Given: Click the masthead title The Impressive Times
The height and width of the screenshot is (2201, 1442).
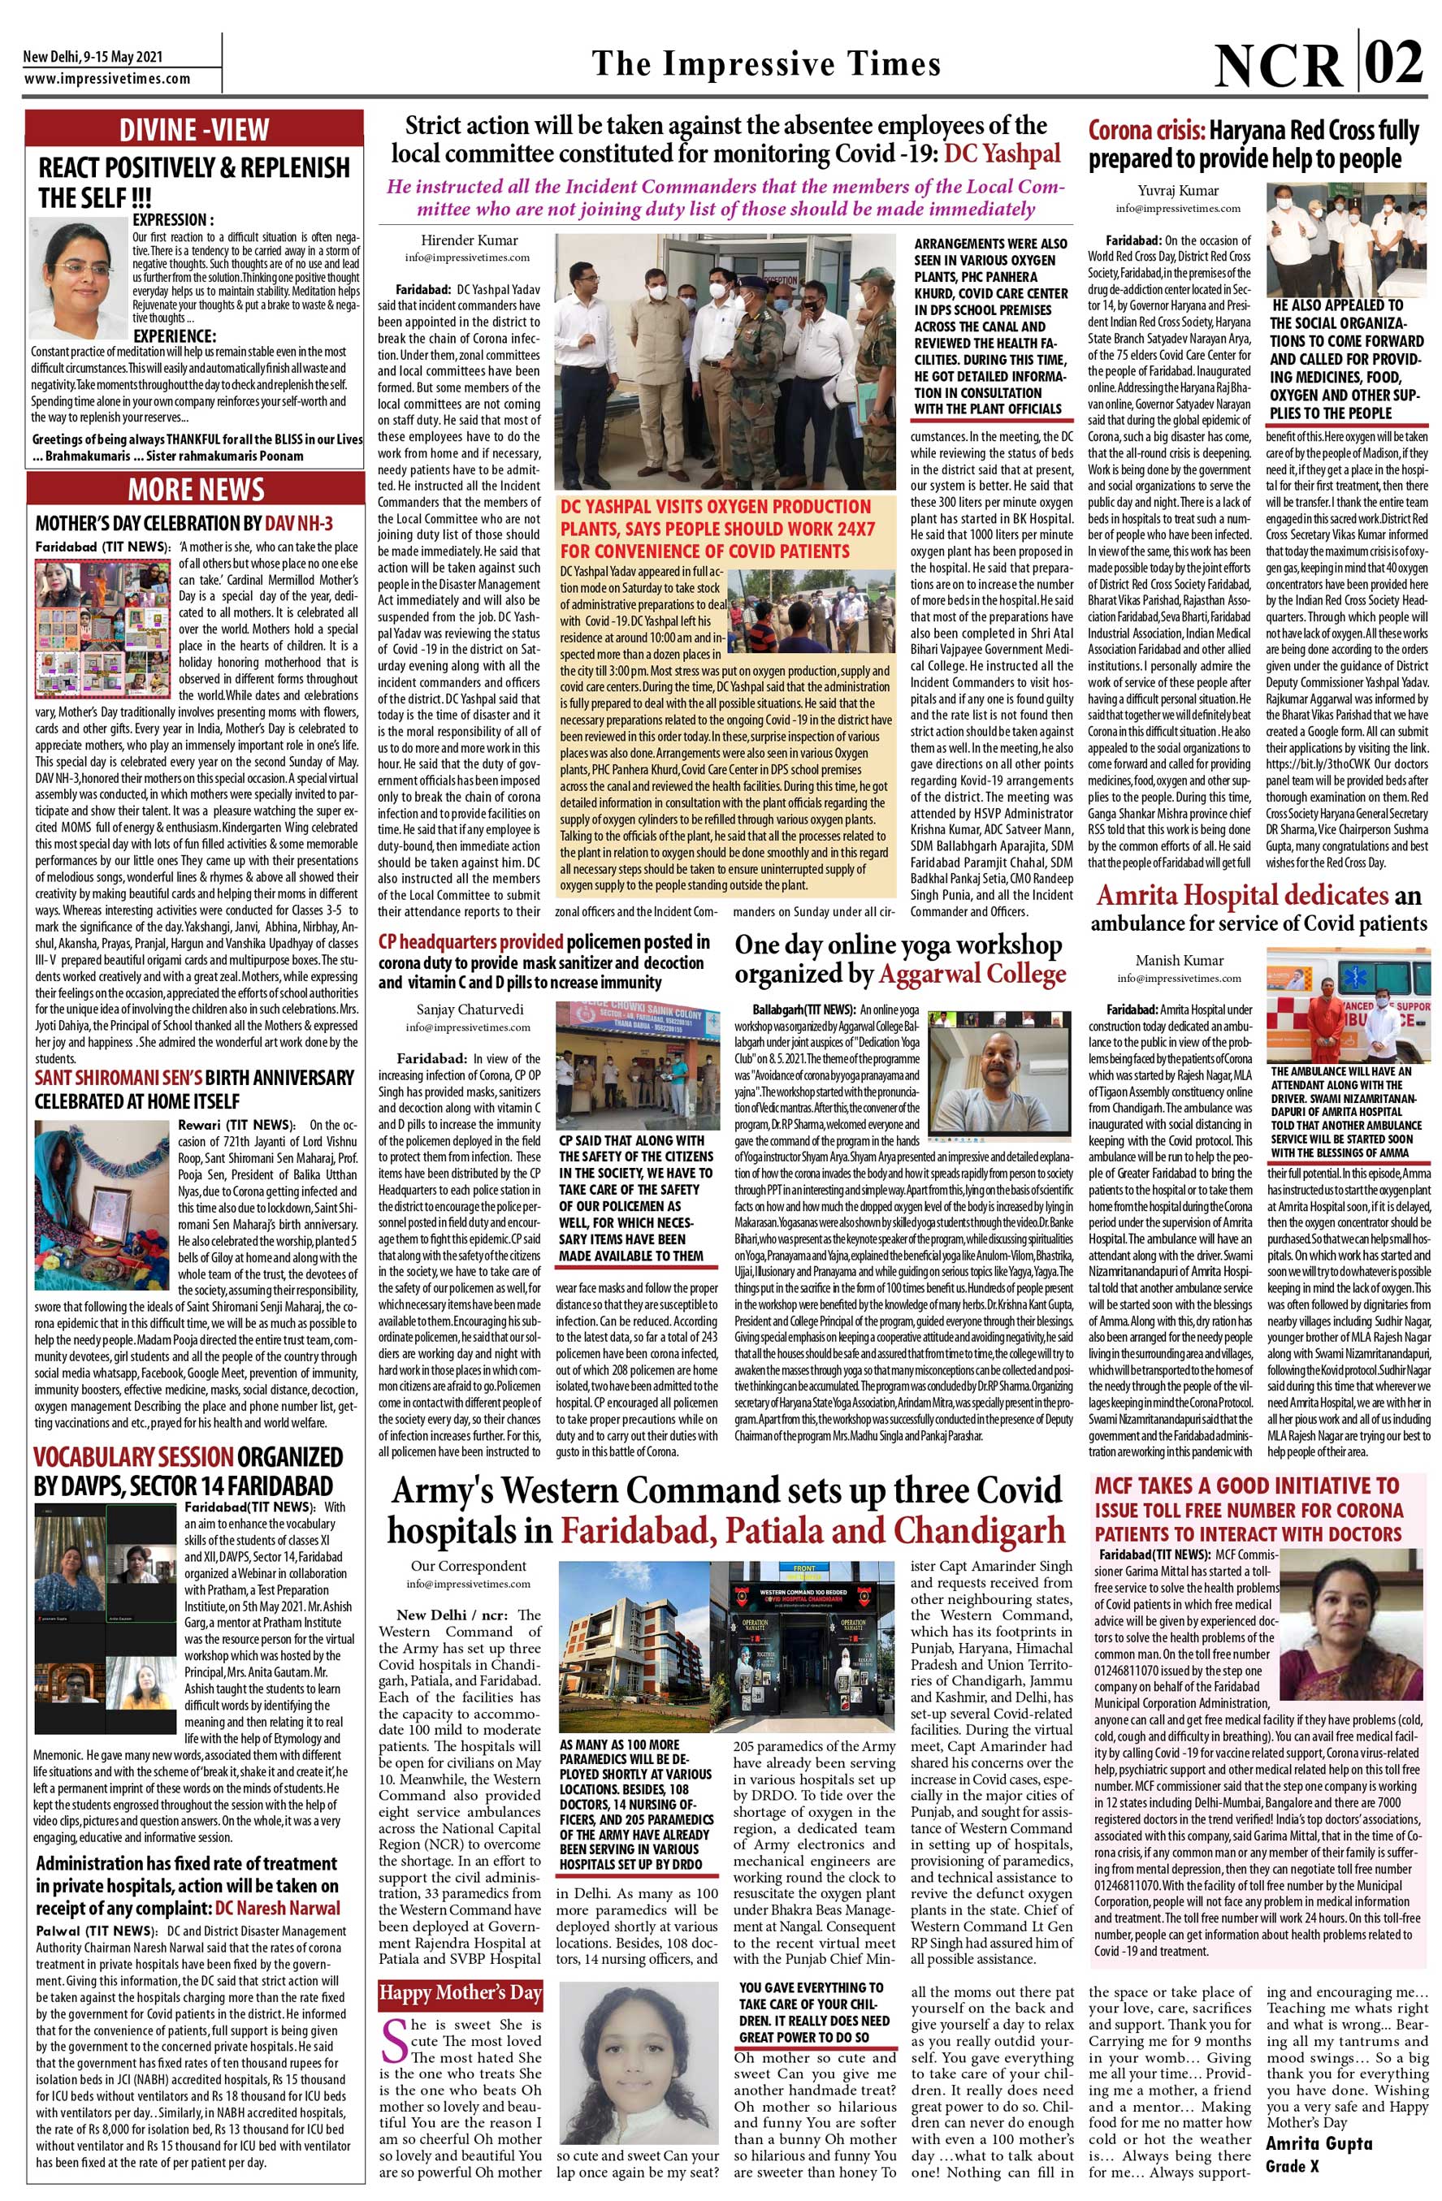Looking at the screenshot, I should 766,64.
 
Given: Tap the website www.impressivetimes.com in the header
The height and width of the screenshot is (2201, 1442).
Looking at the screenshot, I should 107,80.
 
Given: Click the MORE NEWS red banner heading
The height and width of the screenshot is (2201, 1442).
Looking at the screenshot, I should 196,489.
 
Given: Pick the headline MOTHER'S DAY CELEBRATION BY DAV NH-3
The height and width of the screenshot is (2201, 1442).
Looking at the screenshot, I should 184,523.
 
